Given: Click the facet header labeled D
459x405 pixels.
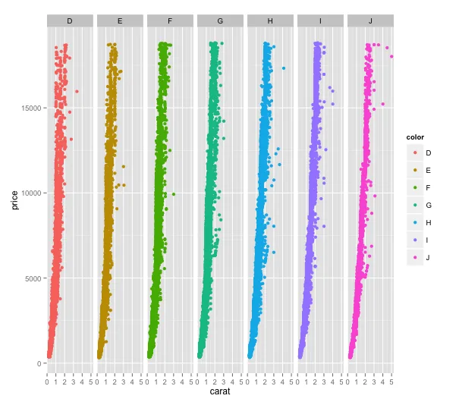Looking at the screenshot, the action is [70, 20].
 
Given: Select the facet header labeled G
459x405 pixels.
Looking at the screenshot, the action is [220, 20].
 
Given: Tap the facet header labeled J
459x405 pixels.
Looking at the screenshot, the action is [370, 20].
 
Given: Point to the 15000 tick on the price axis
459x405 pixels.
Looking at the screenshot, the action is [31, 108].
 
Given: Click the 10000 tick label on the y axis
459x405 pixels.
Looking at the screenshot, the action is [31, 193].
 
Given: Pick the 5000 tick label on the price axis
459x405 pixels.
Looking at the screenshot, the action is [33, 278].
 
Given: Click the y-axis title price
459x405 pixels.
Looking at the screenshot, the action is [14, 200].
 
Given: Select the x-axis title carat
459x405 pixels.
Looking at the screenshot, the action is [220, 391].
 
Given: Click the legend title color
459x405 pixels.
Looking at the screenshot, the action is [415, 137].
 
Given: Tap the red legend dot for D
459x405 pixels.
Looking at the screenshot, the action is [415, 152].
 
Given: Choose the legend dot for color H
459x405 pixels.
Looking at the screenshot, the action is [415, 223].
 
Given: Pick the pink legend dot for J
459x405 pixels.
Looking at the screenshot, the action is [415, 258].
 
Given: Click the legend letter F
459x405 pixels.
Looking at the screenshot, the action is [428, 187].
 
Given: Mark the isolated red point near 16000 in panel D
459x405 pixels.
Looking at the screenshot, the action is [77, 91].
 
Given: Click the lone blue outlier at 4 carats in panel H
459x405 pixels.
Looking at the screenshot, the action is [283, 68].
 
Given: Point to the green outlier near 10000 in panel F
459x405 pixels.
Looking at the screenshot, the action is [174, 194].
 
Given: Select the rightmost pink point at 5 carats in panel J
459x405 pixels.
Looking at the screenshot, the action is [391, 56].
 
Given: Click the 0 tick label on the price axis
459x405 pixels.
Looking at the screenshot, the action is [39, 364].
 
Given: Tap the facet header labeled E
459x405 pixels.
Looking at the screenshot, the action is [120, 20].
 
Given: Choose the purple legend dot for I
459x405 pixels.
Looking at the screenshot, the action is [415, 240].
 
